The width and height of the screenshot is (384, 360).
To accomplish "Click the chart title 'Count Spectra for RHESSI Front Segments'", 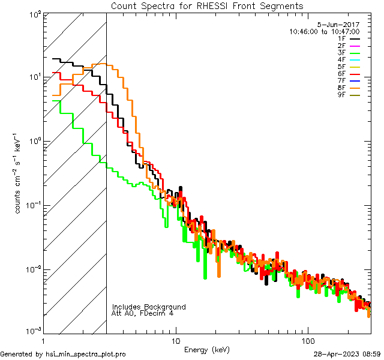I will pos(207,5).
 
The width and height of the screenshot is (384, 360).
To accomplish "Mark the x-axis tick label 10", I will pos(175,340).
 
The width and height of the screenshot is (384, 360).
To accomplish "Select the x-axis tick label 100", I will pos(308,340).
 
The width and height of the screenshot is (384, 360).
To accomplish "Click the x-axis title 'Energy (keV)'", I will pos(207,349).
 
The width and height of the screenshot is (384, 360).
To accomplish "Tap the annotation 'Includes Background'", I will pos(149,307).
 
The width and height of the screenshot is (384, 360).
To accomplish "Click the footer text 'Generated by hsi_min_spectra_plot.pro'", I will pos(63,355).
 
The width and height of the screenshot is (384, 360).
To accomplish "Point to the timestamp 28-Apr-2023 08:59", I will pos(347,355).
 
